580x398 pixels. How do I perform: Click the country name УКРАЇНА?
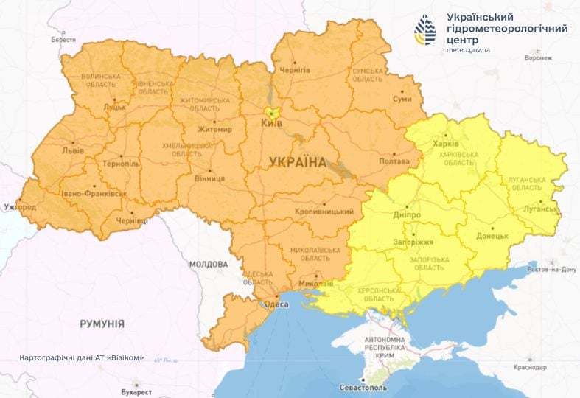coord(297,161)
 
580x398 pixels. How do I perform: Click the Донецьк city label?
coord(493,236)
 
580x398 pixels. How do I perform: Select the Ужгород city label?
coord(19,207)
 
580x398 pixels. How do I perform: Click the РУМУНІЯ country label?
coord(102,324)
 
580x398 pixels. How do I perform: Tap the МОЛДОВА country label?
coord(209,264)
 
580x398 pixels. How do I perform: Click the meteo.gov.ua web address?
coord(468,51)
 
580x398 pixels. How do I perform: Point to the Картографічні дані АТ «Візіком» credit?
coord(82,358)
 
